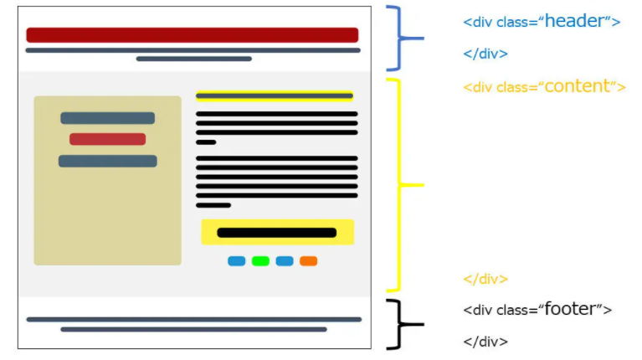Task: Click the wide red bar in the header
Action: [x=193, y=35]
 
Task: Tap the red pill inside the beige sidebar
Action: [x=107, y=139]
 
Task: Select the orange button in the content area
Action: [x=308, y=261]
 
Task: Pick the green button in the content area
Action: [x=260, y=261]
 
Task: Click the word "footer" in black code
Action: [x=573, y=309]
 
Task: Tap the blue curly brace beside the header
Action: [x=402, y=39]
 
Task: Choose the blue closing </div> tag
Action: [x=485, y=54]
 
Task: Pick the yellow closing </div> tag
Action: [x=485, y=279]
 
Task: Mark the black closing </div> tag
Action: [x=485, y=341]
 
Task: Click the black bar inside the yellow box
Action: [x=277, y=233]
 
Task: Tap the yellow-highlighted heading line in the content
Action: [x=275, y=96]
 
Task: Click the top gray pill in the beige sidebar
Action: [x=107, y=118]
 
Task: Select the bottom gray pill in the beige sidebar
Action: [x=107, y=161]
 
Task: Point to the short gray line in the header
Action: [x=194, y=59]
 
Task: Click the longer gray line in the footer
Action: [x=193, y=319]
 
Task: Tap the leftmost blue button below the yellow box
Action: [x=237, y=261]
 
